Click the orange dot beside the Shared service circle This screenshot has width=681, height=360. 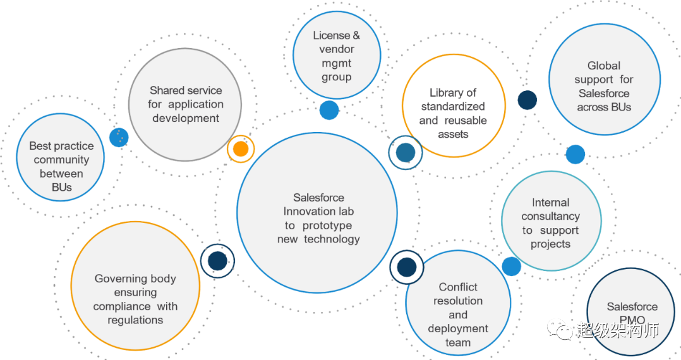[240, 149]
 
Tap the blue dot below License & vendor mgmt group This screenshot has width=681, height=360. [329, 110]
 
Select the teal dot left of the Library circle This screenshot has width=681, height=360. [405, 152]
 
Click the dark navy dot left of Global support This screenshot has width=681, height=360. [527, 100]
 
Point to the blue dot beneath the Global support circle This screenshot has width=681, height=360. [575, 154]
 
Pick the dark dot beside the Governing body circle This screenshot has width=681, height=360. [217, 260]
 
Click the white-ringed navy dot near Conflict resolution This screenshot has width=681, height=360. [407, 267]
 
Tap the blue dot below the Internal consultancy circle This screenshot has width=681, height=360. [512, 266]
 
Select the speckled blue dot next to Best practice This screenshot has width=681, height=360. [119, 137]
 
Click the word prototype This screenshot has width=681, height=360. [327, 225]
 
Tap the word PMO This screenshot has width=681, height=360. [632, 320]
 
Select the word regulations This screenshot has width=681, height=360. [135, 320]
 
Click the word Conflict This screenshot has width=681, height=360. [458, 287]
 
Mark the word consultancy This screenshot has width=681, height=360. [550, 217]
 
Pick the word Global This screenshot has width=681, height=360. [604, 66]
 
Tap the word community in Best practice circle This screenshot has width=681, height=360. [61, 160]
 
